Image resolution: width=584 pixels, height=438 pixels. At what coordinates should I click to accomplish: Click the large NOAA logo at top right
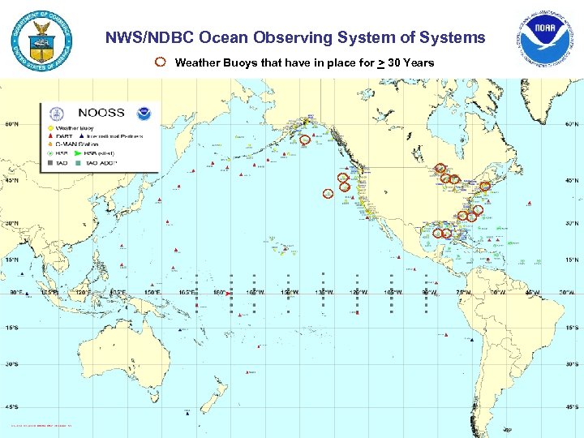coord(547,41)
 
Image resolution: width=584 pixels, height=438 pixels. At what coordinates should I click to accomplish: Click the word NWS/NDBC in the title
coord(150,37)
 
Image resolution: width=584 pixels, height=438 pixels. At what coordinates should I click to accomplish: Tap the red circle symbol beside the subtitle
coord(161,62)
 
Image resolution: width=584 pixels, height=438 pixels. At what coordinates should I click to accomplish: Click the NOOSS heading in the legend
coord(101,113)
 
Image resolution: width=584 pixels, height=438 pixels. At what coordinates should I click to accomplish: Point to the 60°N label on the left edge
coord(11,125)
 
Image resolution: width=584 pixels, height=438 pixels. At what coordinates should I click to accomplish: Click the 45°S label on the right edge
coord(572,407)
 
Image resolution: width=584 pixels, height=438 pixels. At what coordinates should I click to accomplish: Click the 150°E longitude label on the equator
coord(152,292)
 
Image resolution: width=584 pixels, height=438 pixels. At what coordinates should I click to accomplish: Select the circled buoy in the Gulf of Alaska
coord(305,140)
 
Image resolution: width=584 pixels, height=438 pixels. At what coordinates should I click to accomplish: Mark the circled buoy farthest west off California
coord(328,193)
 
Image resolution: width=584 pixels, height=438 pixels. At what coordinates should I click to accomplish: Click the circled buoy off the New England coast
coord(485,186)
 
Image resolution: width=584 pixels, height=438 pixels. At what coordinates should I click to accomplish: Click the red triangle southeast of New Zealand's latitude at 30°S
coord(248,371)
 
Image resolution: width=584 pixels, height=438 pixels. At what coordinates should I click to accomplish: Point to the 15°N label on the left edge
coord(11,260)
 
